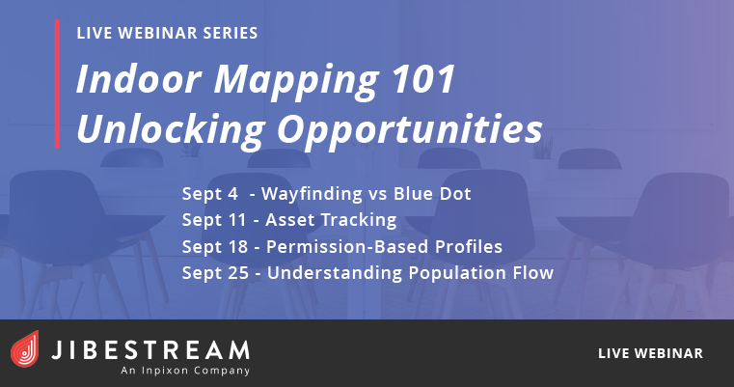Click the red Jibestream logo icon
click(x=25, y=349)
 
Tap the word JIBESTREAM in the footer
click(x=150, y=350)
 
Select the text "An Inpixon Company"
click(x=185, y=371)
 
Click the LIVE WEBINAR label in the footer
click(x=650, y=353)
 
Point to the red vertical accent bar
click(x=57, y=84)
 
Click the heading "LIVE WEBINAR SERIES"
click(x=167, y=33)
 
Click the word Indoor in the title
click(x=139, y=79)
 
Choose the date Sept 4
click(x=209, y=194)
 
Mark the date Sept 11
click(x=213, y=220)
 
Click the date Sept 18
click(x=214, y=247)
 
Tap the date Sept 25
click(x=215, y=273)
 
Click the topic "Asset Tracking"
click(x=331, y=221)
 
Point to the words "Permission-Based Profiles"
click(x=384, y=247)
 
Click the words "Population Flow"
click(x=481, y=273)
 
